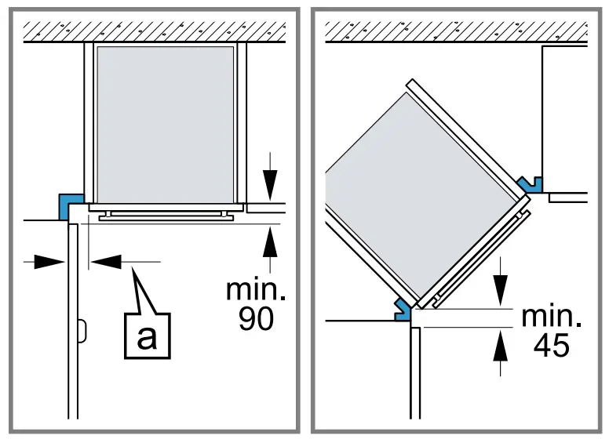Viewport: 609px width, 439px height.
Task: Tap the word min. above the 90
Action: click(256, 289)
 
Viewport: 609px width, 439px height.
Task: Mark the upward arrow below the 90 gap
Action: click(271, 243)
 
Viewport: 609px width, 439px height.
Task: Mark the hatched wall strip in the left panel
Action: click(152, 31)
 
